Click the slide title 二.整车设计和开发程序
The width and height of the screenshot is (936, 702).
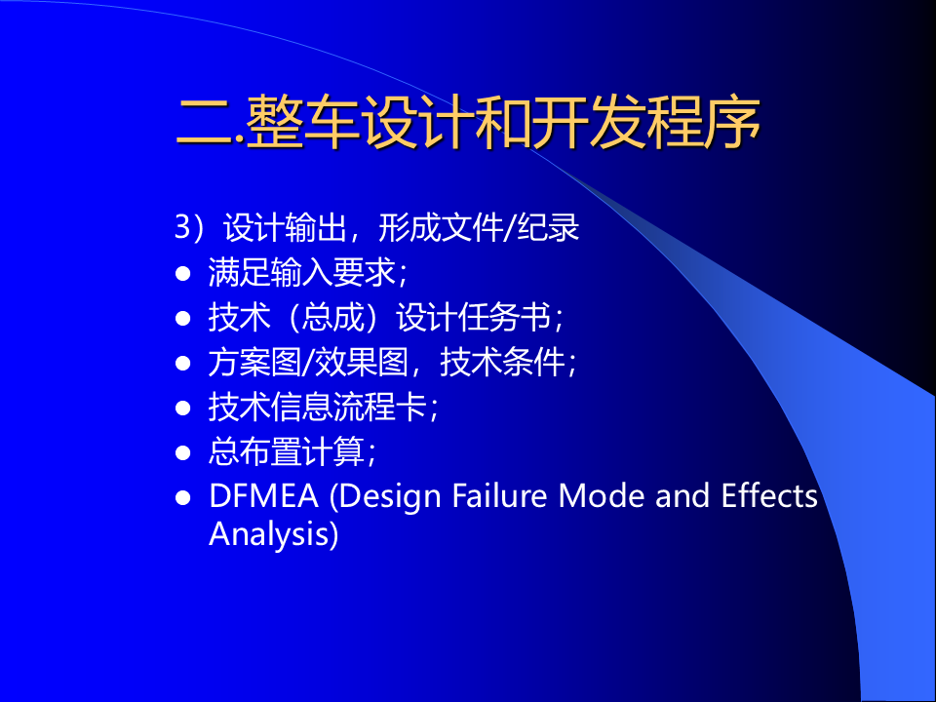pyautogui.click(x=468, y=122)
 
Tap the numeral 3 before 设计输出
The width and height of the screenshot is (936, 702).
pyautogui.click(x=182, y=227)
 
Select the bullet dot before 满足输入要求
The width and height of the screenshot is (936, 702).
pyautogui.click(x=183, y=274)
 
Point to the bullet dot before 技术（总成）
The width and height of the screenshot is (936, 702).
pyautogui.click(x=183, y=318)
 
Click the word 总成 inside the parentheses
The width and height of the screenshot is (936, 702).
pyautogui.click(x=333, y=317)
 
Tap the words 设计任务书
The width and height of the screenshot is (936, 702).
pyautogui.click(x=474, y=317)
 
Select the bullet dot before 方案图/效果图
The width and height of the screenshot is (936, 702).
pyautogui.click(x=183, y=363)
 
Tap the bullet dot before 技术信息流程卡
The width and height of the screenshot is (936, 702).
pyautogui.click(x=183, y=408)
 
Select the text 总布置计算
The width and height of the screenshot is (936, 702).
pyautogui.click(x=286, y=451)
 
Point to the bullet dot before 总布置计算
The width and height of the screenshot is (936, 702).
pyautogui.click(x=183, y=452)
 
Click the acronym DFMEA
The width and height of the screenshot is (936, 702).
pyautogui.click(x=263, y=496)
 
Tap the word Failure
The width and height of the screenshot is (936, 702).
pyautogui.click(x=499, y=495)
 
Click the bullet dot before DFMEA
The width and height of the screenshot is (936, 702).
pyautogui.click(x=183, y=497)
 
